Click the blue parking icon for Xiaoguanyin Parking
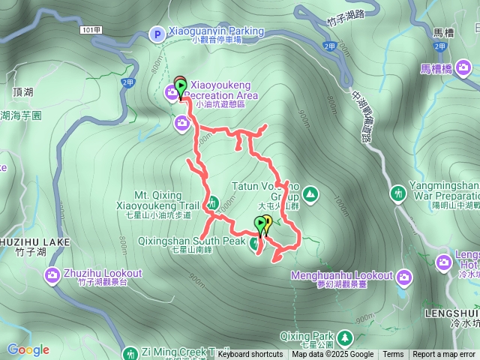[x=157, y=32]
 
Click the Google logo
[x=28, y=349]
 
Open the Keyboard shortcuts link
[x=250, y=355]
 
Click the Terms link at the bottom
[x=393, y=355]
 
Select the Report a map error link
[x=445, y=355]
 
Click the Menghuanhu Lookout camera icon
[x=404, y=279]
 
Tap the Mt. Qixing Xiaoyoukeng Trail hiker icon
[x=213, y=202]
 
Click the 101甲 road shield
[x=89, y=28]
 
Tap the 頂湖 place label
[x=23, y=91]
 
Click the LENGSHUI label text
[x=452, y=312]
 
